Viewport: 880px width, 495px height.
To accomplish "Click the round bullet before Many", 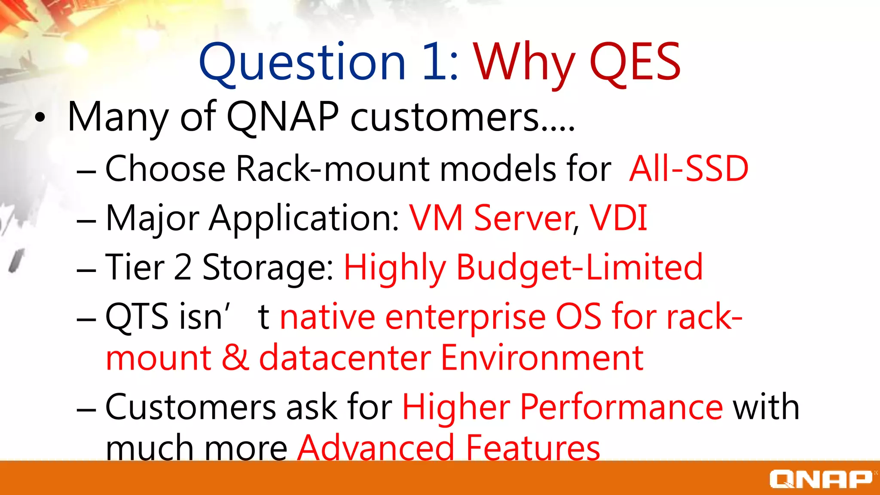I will coord(40,118).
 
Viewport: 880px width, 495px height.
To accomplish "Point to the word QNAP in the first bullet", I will coord(282,117).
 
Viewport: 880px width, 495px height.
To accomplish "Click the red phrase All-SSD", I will coord(689,169).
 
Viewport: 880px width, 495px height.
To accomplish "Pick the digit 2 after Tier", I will coord(183,268).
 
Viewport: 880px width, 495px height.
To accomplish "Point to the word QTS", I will coord(137,317).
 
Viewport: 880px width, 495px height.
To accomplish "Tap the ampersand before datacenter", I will coord(235,357).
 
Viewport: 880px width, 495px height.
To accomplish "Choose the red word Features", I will coord(533,448).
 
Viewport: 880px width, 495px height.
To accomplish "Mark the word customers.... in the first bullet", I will coord(462,117).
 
